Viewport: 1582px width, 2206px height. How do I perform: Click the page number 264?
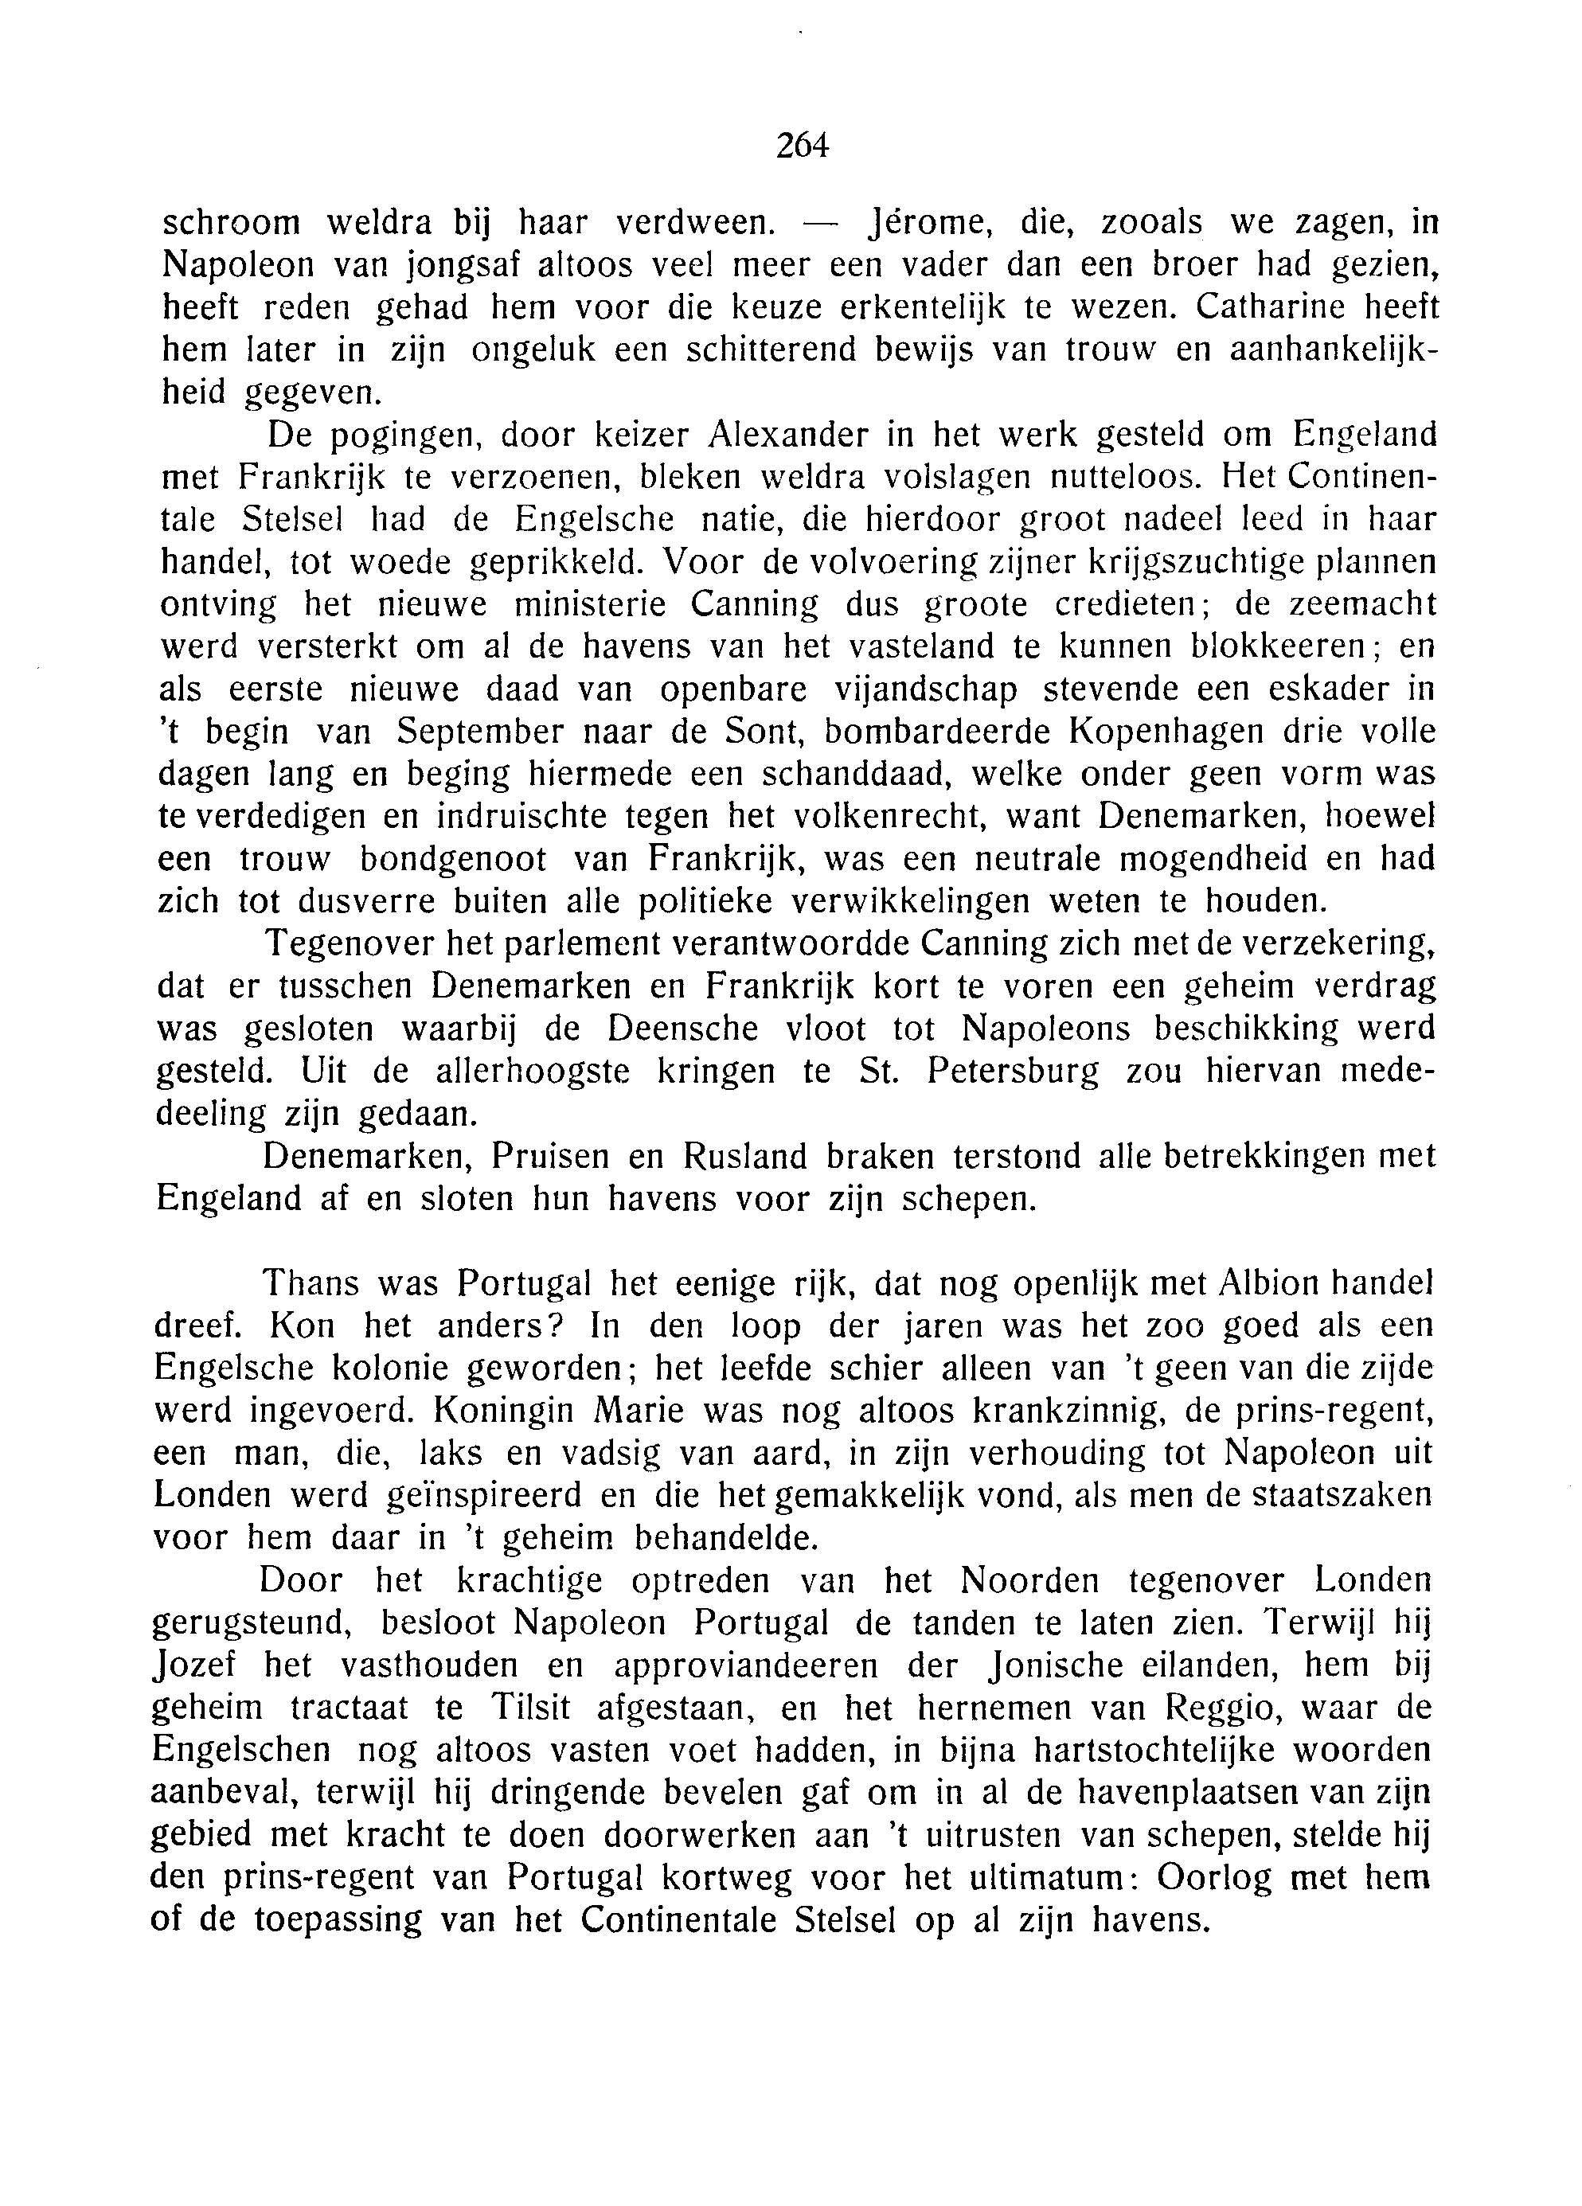tap(802, 145)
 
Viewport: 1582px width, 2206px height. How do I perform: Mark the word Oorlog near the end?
tap(1213, 1877)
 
